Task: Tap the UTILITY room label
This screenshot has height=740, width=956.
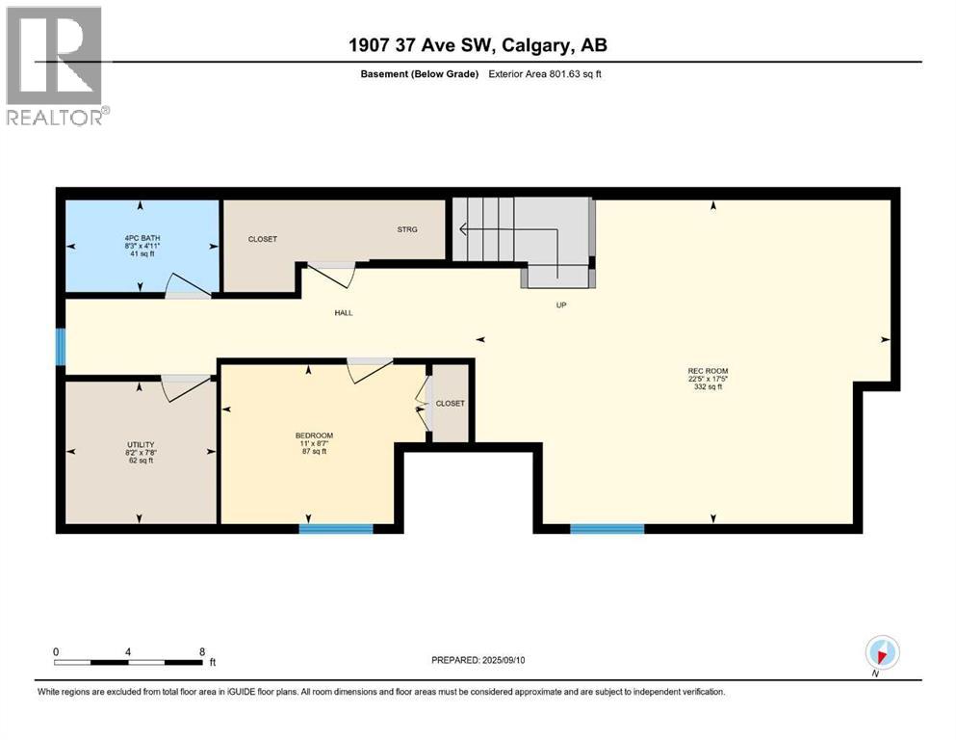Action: click(x=140, y=444)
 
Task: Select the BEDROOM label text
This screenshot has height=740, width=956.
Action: click(x=314, y=436)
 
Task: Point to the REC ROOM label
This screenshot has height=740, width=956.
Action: click(x=708, y=371)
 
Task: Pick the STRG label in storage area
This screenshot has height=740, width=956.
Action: click(x=408, y=229)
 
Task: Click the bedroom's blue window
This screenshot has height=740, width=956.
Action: click(x=336, y=528)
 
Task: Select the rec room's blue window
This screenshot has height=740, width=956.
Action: click(x=607, y=528)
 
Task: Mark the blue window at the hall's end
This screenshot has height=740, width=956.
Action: click(x=61, y=347)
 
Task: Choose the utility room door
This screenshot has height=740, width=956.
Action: click(x=186, y=386)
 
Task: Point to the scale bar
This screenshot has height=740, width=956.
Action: click(x=129, y=662)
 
